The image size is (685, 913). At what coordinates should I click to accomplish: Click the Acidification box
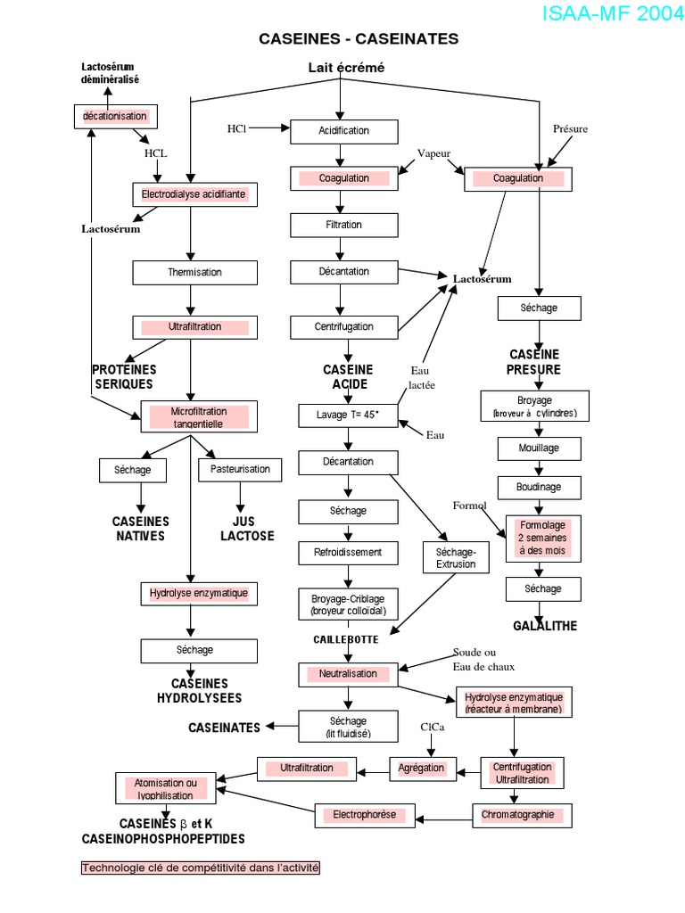[343, 132]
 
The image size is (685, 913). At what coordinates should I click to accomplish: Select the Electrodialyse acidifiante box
[194, 194]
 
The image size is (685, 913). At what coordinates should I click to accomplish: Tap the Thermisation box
[194, 273]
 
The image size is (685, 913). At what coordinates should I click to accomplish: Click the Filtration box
[343, 226]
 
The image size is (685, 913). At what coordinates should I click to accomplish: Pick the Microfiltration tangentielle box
[199, 416]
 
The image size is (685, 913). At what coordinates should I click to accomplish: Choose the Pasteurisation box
[239, 470]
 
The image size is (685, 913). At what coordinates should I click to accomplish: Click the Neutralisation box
[348, 674]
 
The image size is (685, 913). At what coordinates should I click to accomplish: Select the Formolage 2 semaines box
[543, 539]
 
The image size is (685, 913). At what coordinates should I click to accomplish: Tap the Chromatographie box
[522, 816]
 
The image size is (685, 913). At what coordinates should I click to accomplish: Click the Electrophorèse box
[365, 815]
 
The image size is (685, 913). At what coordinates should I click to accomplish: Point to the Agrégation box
[422, 769]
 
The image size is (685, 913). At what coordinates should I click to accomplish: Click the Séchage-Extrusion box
[456, 558]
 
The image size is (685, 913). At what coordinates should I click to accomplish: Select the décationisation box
[115, 117]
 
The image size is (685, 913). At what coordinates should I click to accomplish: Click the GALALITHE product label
[545, 626]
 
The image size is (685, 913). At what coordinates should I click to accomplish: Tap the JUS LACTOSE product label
[247, 529]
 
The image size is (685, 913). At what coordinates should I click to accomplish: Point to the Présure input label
[570, 129]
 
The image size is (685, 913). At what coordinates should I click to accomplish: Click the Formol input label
[469, 506]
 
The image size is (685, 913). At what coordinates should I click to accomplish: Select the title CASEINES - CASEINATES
[359, 39]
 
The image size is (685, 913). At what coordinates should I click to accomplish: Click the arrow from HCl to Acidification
[269, 127]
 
